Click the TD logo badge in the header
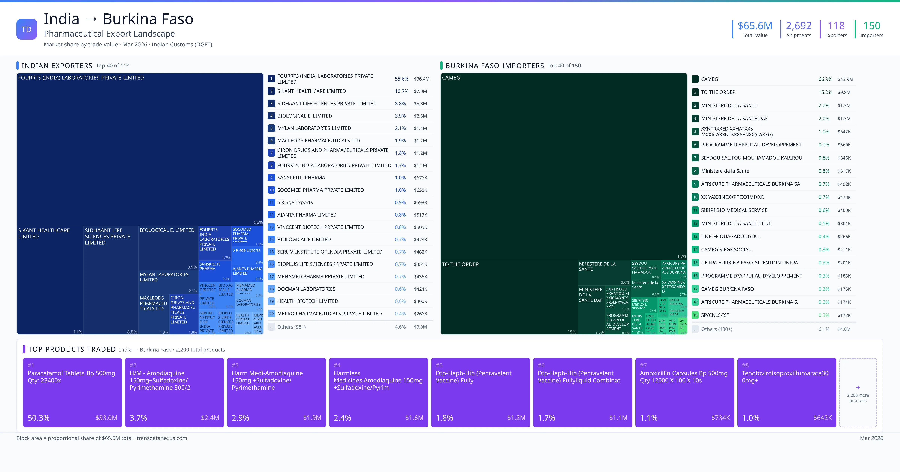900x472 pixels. tap(27, 29)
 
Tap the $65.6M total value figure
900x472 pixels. tap(755, 26)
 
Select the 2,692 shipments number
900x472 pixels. tap(799, 26)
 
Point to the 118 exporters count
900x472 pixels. tap(836, 26)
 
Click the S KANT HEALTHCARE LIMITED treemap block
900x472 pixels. tap(50, 279)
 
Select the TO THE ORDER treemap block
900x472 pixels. tap(509, 297)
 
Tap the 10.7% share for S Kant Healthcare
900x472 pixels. tap(401, 91)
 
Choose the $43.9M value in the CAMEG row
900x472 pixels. tap(845, 79)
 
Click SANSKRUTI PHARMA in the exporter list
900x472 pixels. tap(301, 178)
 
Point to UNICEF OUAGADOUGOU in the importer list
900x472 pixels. tap(730, 236)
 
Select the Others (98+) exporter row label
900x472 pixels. tap(291, 327)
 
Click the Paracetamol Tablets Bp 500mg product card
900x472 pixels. tap(72, 392)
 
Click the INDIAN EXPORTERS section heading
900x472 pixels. tap(57, 66)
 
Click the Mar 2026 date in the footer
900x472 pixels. tap(871, 438)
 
